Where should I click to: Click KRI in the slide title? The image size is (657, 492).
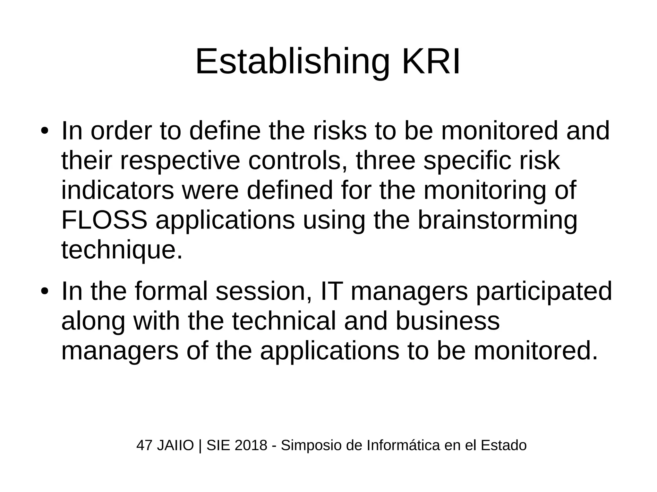(x=431, y=62)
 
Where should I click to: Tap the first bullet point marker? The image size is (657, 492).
(x=44, y=132)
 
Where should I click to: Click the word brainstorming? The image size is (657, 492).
(x=497, y=221)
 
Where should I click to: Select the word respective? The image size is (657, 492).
(x=180, y=161)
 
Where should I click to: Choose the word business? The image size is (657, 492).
(x=448, y=321)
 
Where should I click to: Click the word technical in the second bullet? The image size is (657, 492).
(x=284, y=321)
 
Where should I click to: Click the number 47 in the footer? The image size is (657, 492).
(x=144, y=446)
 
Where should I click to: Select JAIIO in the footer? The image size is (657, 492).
(x=175, y=446)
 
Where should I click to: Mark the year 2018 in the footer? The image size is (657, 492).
(x=251, y=446)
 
